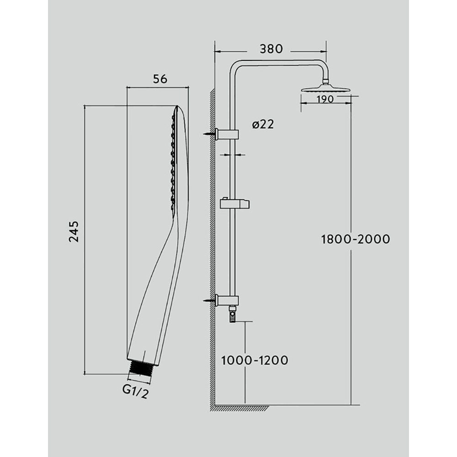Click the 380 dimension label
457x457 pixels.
tap(271, 49)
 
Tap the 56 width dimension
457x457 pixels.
tap(160, 79)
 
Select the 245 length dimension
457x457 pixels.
tap(74, 231)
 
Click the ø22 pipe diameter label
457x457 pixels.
tap(263, 124)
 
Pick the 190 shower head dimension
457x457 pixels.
tap(325, 99)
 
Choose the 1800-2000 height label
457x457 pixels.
tap(355, 239)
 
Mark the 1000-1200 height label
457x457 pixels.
tap(255, 360)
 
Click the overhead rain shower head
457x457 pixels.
tap(324, 88)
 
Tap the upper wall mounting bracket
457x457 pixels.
tap(227, 134)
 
